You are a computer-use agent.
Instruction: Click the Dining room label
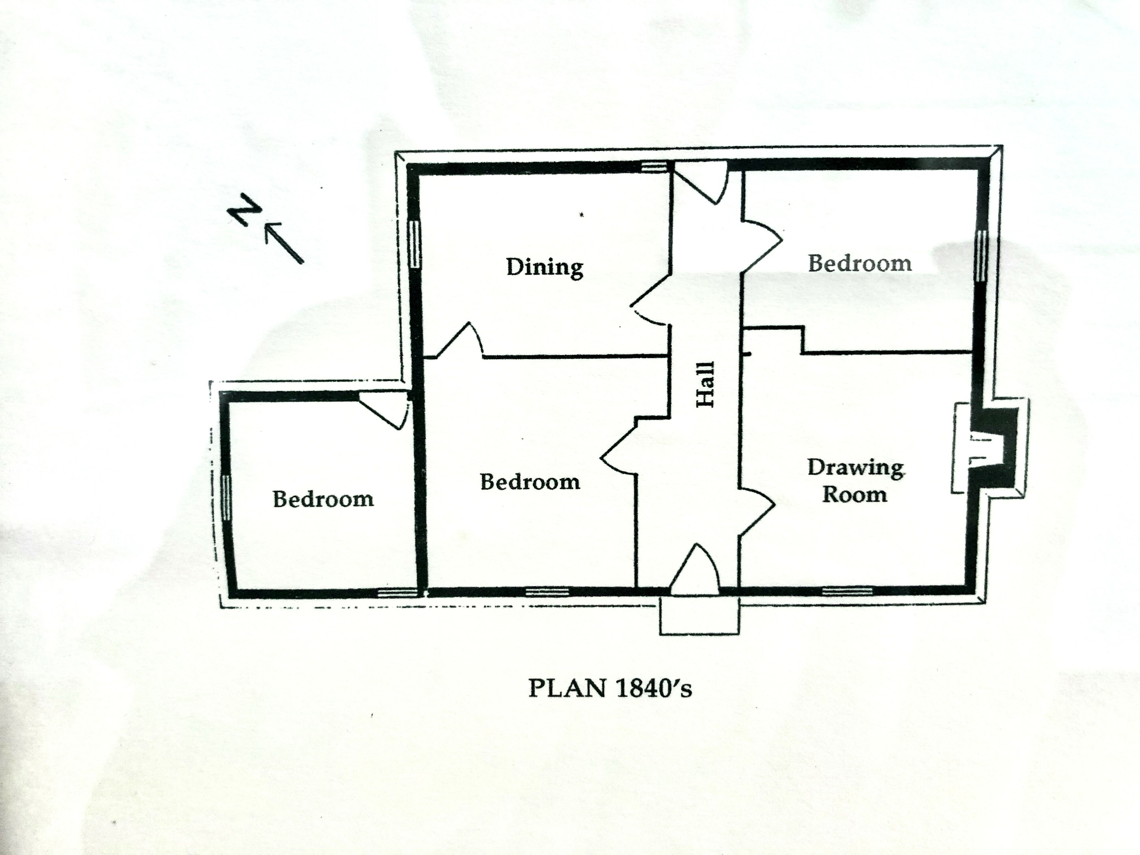(x=545, y=267)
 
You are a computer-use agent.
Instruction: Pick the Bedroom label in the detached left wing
(x=323, y=499)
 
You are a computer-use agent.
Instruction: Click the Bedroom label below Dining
(x=530, y=482)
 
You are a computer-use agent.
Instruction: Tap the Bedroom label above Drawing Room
(x=860, y=263)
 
